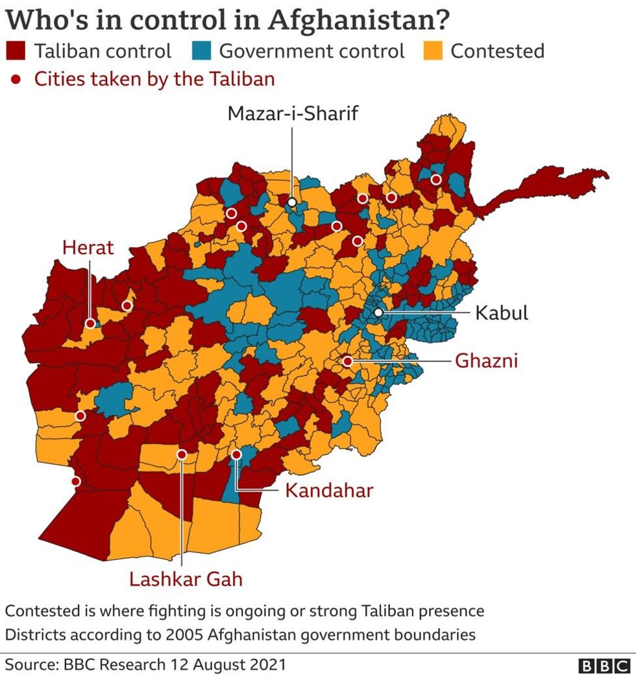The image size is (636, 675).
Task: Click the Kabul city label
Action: pos(501,313)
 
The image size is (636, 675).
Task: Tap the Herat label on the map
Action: pos(88,247)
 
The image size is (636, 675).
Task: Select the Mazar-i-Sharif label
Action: pos(293,113)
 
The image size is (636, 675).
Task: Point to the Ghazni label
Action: pos(486,361)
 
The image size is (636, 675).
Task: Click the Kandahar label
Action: pos(329,490)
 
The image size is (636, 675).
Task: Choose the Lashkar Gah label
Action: pos(186,578)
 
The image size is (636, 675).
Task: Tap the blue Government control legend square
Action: pos(201,51)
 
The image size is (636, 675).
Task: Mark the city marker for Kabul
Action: pos(378,313)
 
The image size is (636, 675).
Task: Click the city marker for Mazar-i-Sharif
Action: pos(292,202)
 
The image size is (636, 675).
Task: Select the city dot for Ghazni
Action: pos(348,361)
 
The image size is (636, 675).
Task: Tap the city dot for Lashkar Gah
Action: pos(182,455)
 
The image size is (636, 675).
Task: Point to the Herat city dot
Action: pos(90,323)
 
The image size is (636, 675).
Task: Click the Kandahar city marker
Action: pos(237,455)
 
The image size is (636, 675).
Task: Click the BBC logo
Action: pos(604,665)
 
